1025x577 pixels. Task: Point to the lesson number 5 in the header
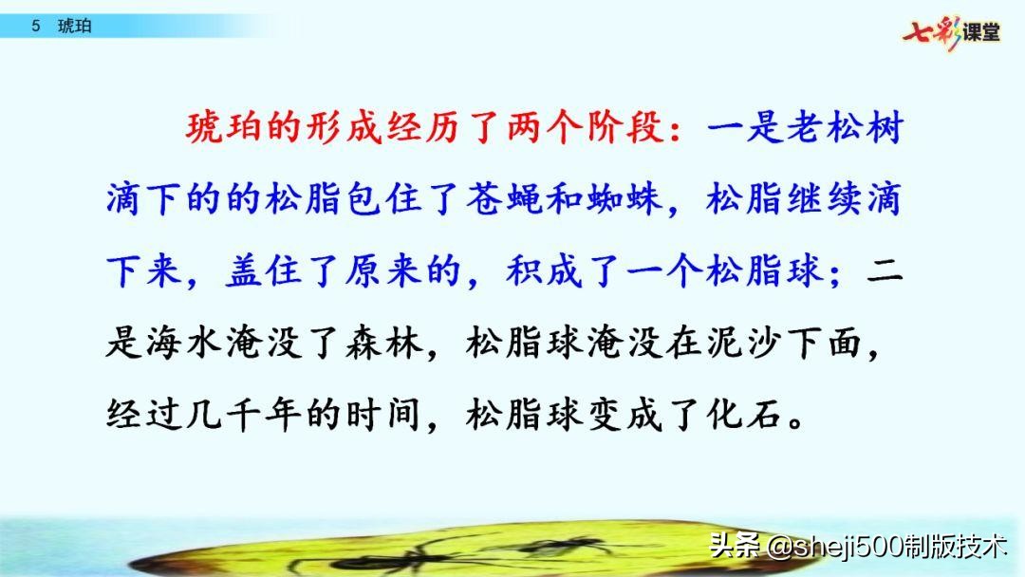(36, 27)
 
